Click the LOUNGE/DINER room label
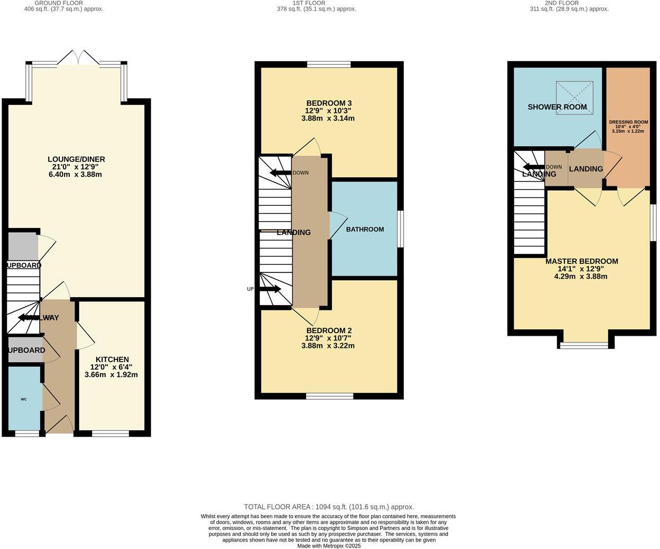pyautogui.click(x=76, y=159)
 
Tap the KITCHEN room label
pyautogui.click(x=112, y=359)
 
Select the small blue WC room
pyautogui.click(x=24, y=399)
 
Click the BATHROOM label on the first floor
pyautogui.click(x=365, y=229)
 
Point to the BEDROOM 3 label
pyautogui.click(x=328, y=103)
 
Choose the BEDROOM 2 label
pyautogui.click(x=328, y=330)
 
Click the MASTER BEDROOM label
pyautogui.click(x=581, y=261)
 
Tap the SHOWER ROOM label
pyautogui.click(x=557, y=107)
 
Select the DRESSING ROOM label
pyautogui.click(x=628, y=122)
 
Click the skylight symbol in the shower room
pyautogui.click(x=574, y=97)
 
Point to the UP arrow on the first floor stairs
pyautogui.click(x=270, y=289)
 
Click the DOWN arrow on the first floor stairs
pyautogui.click(x=280, y=173)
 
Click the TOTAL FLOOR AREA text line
pyautogui.click(x=329, y=507)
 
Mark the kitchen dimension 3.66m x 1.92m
pyautogui.click(x=111, y=375)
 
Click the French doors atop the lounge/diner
pyautogui.click(x=78, y=58)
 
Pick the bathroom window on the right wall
pyautogui.click(x=400, y=229)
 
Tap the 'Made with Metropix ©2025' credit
pyautogui.click(x=329, y=546)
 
